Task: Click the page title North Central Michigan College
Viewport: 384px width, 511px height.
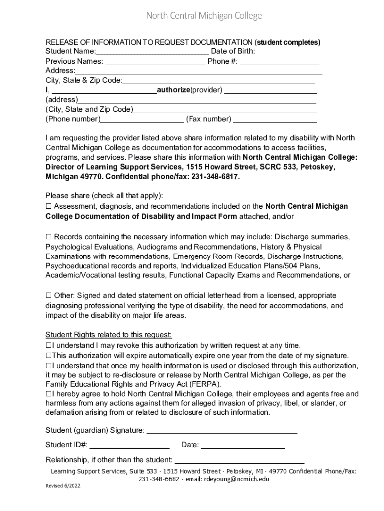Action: tap(203, 16)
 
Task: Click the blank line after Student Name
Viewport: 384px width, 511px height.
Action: tap(152, 52)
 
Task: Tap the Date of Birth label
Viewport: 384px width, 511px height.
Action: tap(233, 51)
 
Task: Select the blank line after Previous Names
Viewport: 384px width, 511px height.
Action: tap(155, 61)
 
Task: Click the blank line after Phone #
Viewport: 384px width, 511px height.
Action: tap(280, 61)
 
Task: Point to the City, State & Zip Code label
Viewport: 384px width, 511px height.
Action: tap(84, 80)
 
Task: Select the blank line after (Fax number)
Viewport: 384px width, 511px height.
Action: tap(275, 119)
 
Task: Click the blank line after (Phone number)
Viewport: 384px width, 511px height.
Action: tap(142, 119)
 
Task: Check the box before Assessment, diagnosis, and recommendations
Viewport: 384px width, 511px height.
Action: tap(49, 206)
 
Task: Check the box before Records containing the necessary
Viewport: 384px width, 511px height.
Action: tap(49, 236)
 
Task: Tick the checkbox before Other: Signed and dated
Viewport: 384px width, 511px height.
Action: tap(49, 296)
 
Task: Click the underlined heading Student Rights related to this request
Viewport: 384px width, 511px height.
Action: tap(109, 335)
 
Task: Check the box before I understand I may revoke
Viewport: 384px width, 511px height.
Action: tap(48, 345)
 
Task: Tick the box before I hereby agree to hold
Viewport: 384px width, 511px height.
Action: tap(48, 394)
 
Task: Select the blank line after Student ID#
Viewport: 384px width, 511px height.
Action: tap(130, 445)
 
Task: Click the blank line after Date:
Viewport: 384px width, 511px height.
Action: tap(243, 445)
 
